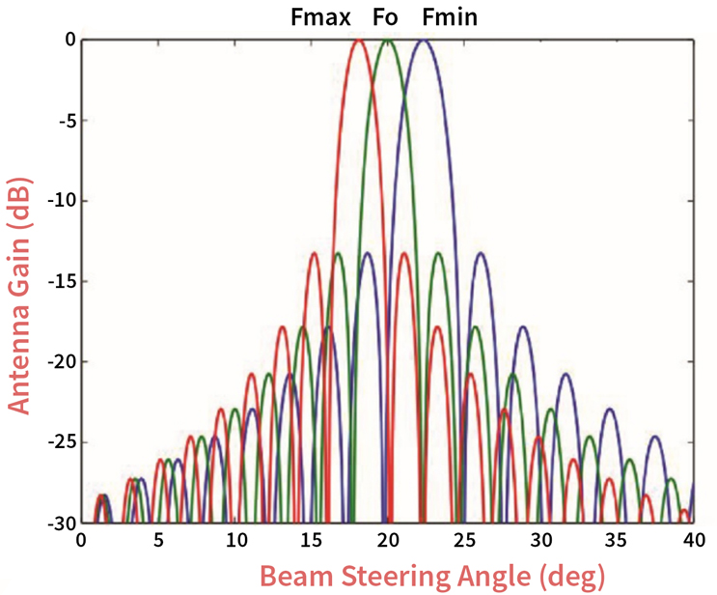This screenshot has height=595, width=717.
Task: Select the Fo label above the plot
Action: [x=385, y=17]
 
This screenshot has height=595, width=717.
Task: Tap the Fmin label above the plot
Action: [x=450, y=17]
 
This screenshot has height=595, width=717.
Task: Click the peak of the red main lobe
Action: [x=359, y=41]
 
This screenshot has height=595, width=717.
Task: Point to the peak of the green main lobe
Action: [x=388, y=41]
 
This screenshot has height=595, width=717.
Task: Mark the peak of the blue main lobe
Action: [x=423, y=41]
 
